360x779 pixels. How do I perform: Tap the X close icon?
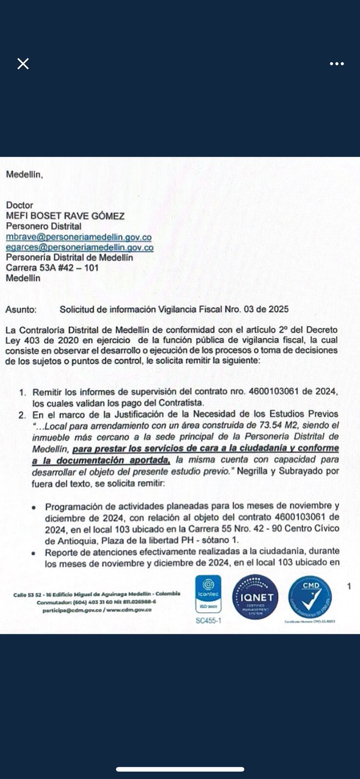pyautogui.click(x=23, y=64)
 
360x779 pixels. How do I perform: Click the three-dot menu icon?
pyautogui.click(x=337, y=64)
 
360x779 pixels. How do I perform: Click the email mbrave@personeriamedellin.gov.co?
pyautogui.click(x=78, y=237)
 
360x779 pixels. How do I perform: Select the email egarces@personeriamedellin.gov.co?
pyautogui.click(x=79, y=247)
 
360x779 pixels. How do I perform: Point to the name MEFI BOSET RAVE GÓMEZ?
pyautogui.click(x=65, y=216)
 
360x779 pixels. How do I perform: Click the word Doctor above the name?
pyautogui.click(x=19, y=205)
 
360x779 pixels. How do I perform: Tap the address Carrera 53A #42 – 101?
pyautogui.click(x=52, y=268)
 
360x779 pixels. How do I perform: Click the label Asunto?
pyautogui.click(x=21, y=309)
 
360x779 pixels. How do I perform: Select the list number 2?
pyautogui.click(x=22, y=414)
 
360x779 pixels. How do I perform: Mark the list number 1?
pyautogui.click(x=22, y=392)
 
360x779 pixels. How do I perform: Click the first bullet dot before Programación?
pyautogui.click(x=34, y=507)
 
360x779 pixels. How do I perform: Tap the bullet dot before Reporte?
pyautogui.click(x=34, y=553)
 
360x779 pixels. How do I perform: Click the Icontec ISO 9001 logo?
pyautogui.click(x=208, y=594)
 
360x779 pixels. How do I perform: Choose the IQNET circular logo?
pyautogui.click(x=256, y=597)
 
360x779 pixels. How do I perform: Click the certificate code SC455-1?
pyautogui.click(x=208, y=621)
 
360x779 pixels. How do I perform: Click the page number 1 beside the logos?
pyautogui.click(x=349, y=586)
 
